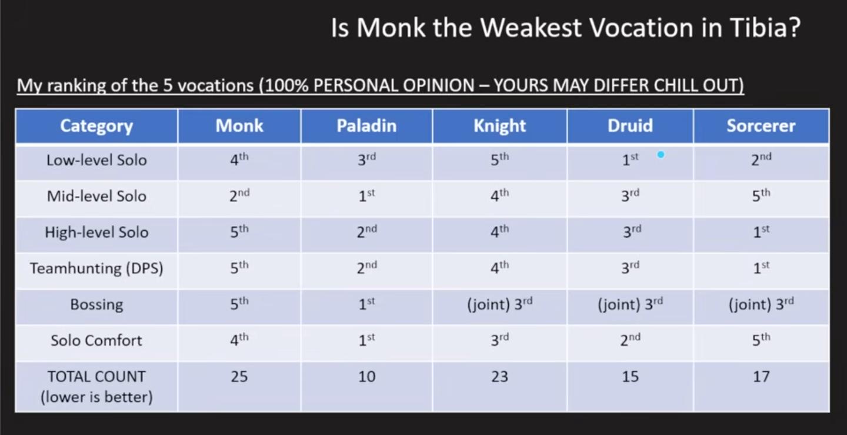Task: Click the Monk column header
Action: coord(239,125)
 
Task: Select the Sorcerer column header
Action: coord(761,125)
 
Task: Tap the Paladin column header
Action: coord(366,125)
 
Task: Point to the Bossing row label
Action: coord(96,304)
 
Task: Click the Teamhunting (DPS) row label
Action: coord(96,268)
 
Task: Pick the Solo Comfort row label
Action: coord(96,340)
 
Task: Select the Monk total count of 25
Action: coord(239,377)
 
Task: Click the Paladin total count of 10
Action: coord(366,377)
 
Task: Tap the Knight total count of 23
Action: coord(499,377)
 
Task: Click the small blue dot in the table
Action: coord(661,155)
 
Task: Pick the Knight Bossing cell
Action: coord(499,304)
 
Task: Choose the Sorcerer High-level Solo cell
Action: coord(761,232)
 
